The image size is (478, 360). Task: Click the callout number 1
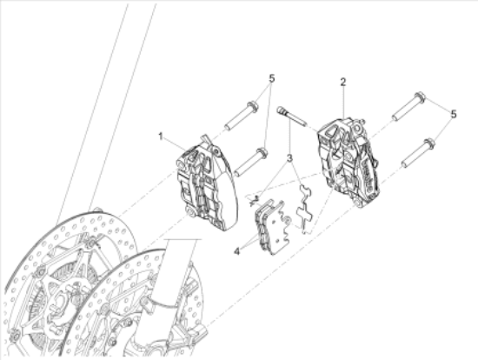click(x=161, y=136)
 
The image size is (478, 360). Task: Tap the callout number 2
click(x=342, y=82)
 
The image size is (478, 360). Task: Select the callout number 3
click(x=289, y=158)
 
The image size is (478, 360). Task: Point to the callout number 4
click(x=236, y=251)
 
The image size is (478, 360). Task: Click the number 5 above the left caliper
click(x=271, y=77)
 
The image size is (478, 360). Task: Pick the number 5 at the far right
click(x=455, y=114)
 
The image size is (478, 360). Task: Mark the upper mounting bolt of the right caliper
click(x=407, y=106)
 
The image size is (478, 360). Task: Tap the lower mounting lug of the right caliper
click(x=358, y=203)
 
